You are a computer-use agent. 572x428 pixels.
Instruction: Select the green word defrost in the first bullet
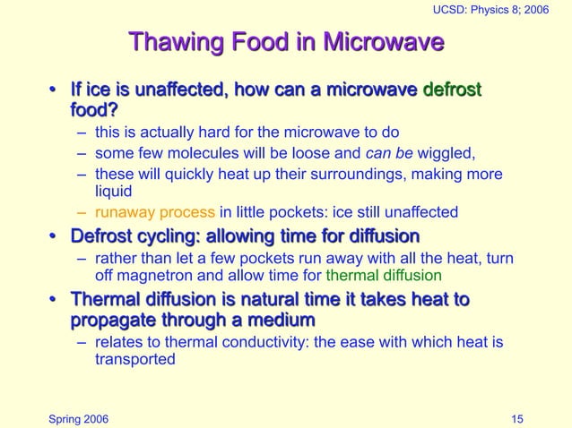(452, 90)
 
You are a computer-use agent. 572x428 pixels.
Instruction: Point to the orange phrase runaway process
(154, 212)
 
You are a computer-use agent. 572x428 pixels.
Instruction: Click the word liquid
(113, 191)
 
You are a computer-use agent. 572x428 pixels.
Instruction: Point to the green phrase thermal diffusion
(384, 276)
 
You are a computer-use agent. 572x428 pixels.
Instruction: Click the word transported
(135, 360)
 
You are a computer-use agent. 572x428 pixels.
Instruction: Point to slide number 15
(517, 418)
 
